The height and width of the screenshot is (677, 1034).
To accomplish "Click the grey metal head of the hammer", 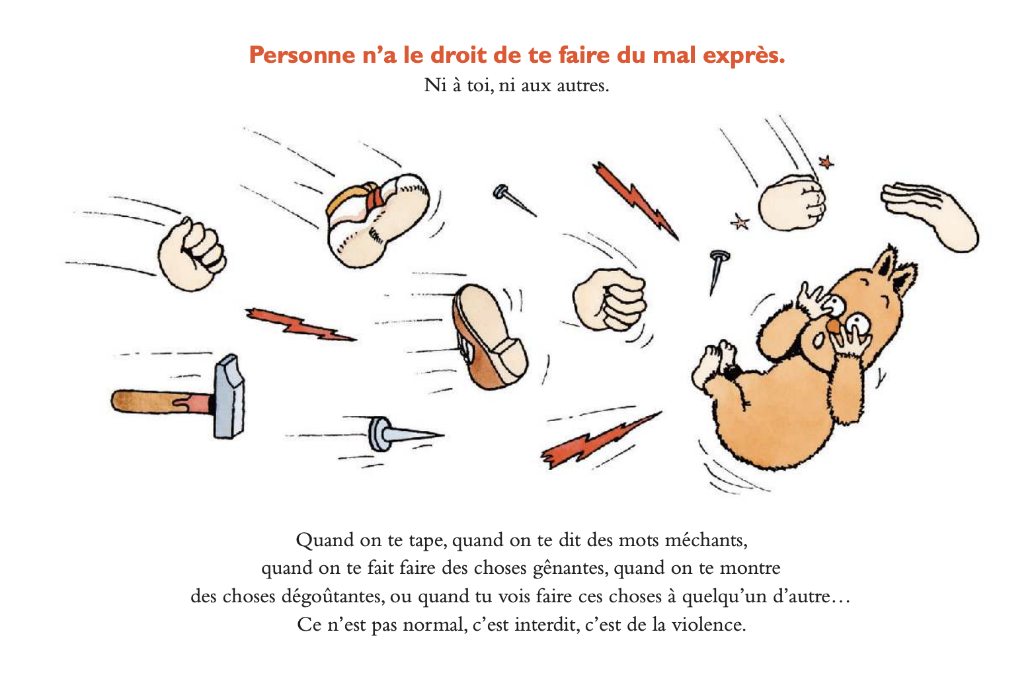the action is click(229, 397).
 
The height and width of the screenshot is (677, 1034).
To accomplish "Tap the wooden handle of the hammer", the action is click(161, 401).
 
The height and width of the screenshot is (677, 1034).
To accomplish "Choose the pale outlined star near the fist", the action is click(740, 222).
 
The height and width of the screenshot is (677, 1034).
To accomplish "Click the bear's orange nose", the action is click(834, 327).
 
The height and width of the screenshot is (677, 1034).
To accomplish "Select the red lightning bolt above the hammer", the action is click(300, 325).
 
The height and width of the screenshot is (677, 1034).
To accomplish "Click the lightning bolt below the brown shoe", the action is click(600, 440).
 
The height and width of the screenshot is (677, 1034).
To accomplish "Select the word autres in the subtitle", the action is click(582, 86).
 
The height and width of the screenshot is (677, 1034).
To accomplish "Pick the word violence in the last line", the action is click(709, 625).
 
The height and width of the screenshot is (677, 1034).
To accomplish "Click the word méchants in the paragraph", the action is click(706, 540).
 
